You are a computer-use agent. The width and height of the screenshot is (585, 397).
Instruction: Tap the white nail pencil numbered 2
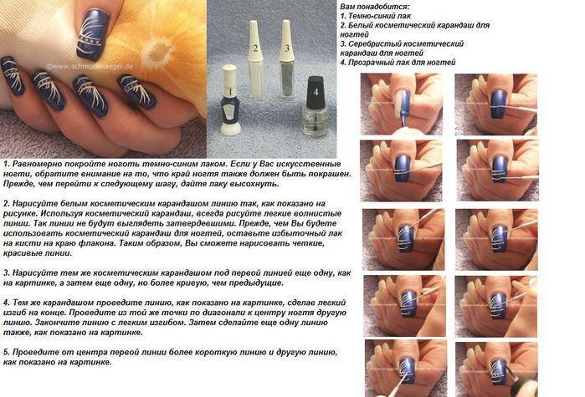(255, 59)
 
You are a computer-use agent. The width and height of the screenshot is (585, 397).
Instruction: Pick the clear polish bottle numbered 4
(316, 106)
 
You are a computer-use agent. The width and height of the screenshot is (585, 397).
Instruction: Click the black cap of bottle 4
(316, 92)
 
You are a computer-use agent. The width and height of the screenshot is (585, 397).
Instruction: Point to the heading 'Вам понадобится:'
(375, 7)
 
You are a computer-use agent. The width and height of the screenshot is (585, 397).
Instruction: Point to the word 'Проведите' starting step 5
(33, 353)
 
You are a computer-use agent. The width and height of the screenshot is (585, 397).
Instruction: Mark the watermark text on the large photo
(90, 67)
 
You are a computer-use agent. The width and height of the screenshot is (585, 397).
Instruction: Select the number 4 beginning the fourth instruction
(6, 303)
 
